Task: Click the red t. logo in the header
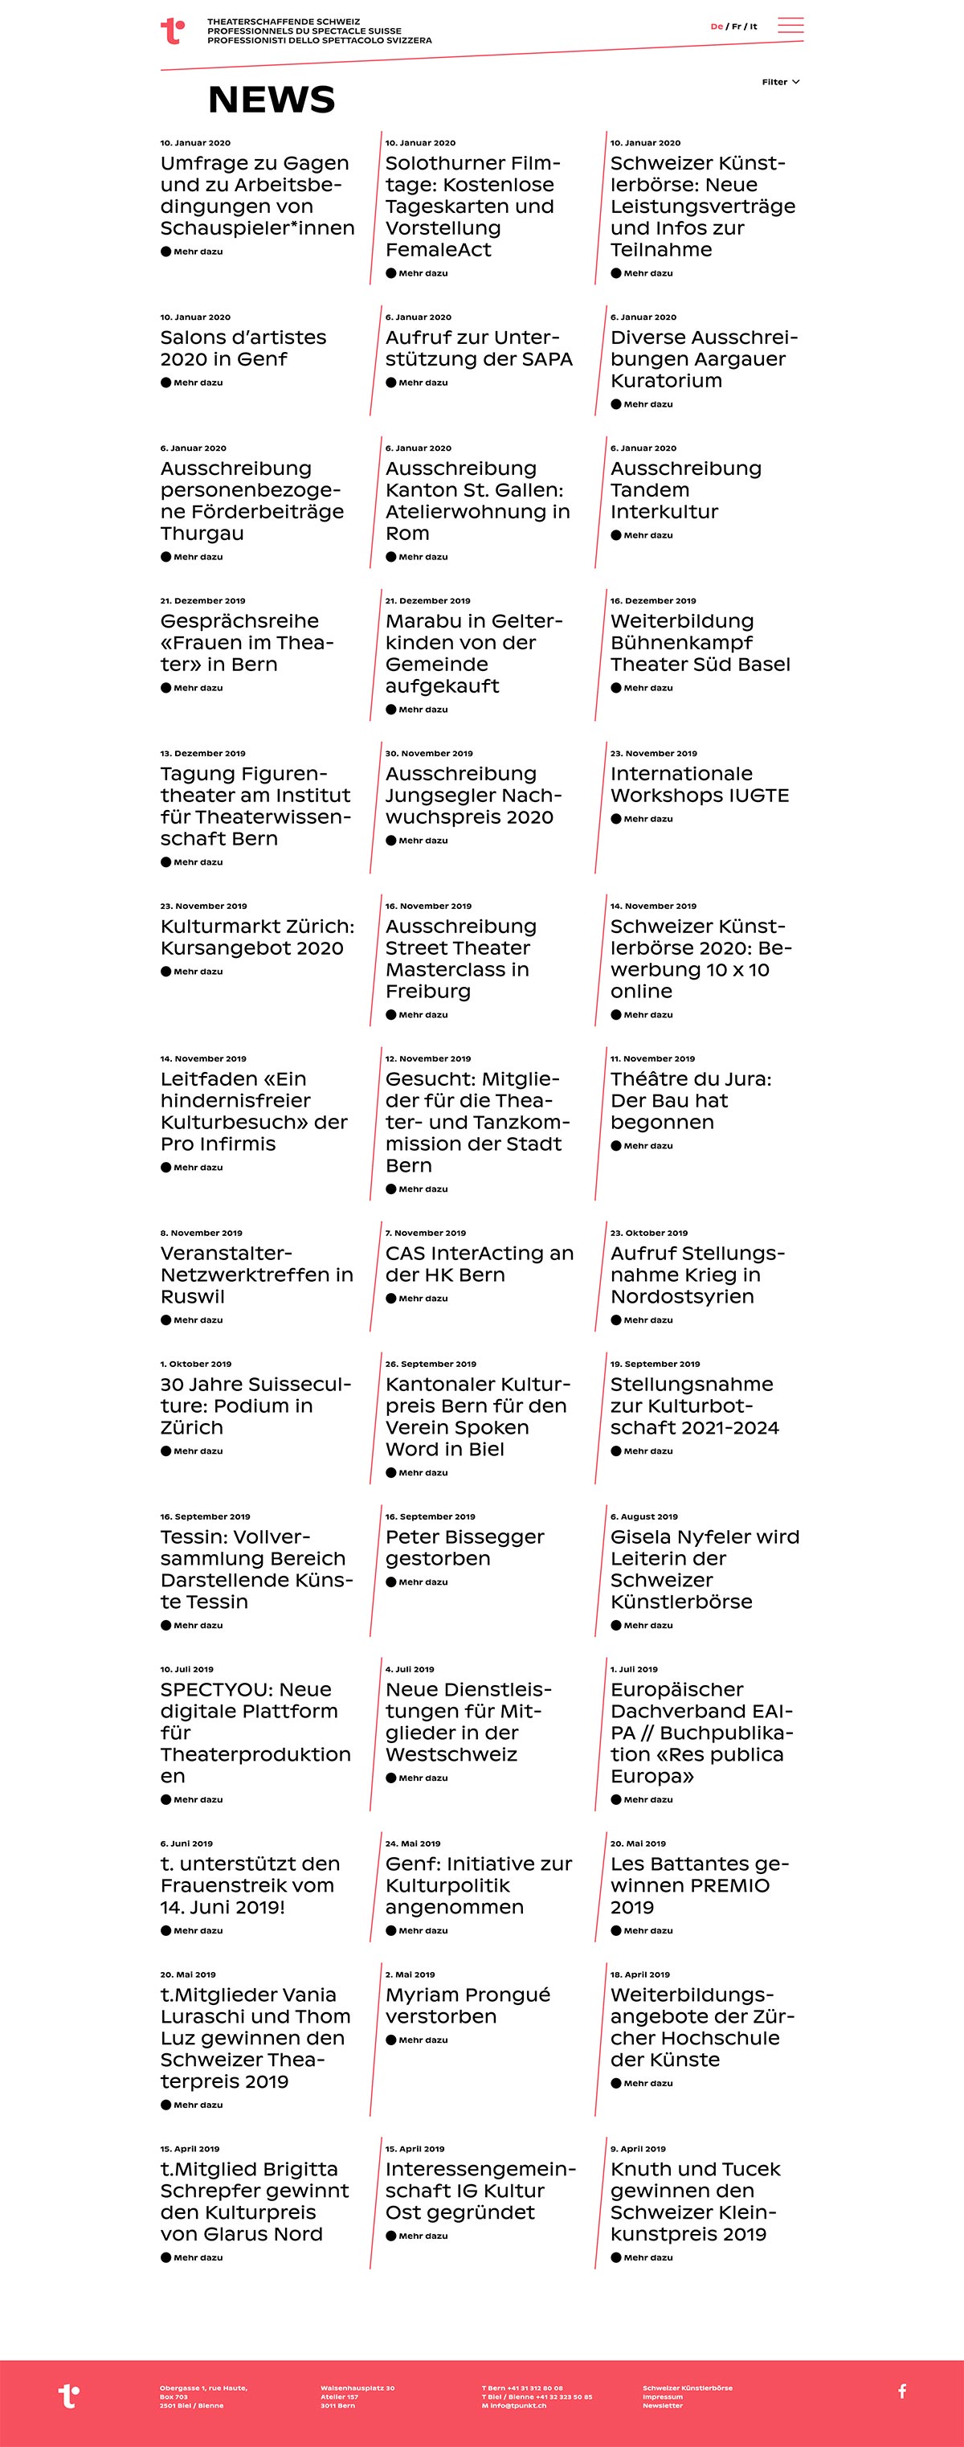point(172,31)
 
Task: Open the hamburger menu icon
point(790,26)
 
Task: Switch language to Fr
point(736,27)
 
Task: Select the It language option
point(754,27)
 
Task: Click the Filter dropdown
point(781,82)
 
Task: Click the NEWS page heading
point(272,100)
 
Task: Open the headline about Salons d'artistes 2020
point(243,348)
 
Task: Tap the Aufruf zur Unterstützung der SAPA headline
point(479,348)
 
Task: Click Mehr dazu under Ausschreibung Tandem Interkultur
point(647,536)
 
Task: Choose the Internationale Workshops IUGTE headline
point(700,784)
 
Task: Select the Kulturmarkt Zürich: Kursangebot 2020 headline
point(256,937)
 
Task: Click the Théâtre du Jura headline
point(691,1100)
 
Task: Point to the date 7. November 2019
point(426,1233)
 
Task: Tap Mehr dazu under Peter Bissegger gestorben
point(423,1582)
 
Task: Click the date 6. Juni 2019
point(186,1843)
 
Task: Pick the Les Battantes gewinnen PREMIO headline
point(700,1884)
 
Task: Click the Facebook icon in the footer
point(902,2391)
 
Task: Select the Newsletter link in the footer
point(662,2405)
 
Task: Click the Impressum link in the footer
point(662,2396)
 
